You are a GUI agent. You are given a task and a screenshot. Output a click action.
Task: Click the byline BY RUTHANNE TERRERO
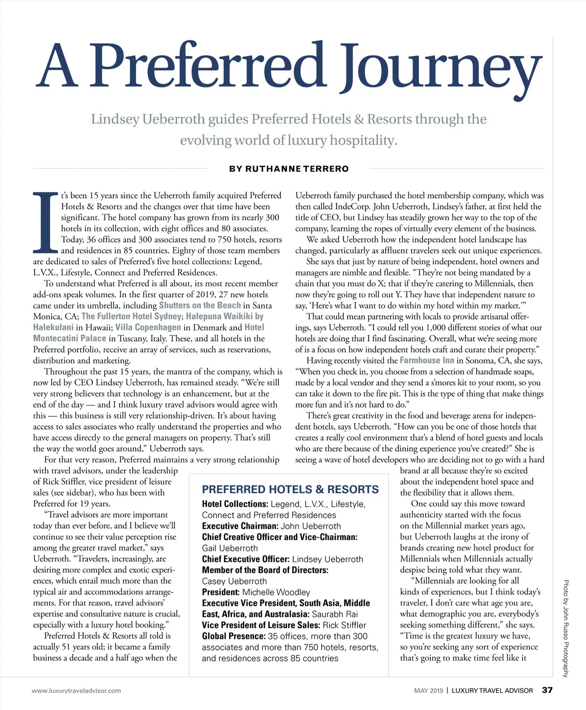click(289, 169)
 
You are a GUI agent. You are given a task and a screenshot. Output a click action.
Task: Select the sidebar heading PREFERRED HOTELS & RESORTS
click(290, 489)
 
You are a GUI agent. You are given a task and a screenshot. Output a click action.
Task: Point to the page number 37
click(547, 690)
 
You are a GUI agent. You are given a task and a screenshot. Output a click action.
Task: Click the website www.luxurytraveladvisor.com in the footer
click(76, 690)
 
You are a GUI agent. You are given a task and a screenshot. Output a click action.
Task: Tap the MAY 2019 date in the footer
click(428, 690)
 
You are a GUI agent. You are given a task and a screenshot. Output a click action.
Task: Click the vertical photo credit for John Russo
click(565, 628)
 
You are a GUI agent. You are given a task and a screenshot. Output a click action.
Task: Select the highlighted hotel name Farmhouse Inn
click(427, 360)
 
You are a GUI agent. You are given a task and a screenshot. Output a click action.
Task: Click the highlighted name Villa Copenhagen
click(148, 327)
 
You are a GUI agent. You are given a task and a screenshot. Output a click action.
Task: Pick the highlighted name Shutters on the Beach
click(200, 305)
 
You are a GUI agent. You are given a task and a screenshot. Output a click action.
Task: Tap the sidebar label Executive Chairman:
click(240, 526)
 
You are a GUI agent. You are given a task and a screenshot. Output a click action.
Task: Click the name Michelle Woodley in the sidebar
click(276, 592)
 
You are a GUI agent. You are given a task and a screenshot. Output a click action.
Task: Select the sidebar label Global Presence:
click(234, 636)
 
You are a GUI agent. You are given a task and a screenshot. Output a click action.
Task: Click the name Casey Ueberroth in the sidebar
click(234, 581)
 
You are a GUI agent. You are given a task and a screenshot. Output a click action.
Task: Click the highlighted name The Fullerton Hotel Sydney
click(131, 316)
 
